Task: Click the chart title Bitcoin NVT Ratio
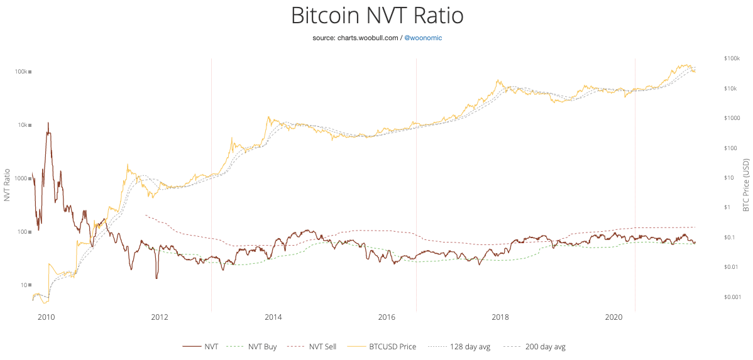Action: [376, 15]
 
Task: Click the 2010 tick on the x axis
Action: [47, 318]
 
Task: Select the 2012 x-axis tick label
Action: [160, 318]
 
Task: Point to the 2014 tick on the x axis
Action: [273, 318]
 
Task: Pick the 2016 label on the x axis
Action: [387, 318]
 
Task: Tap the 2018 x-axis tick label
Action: [500, 318]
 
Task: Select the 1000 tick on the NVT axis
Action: [21, 178]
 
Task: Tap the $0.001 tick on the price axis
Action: [732, 297]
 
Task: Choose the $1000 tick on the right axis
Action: [731, 118]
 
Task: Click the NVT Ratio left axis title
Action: [7, 185]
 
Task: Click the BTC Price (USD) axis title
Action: [746, 185]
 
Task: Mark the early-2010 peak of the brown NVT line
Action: [48, 123]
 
